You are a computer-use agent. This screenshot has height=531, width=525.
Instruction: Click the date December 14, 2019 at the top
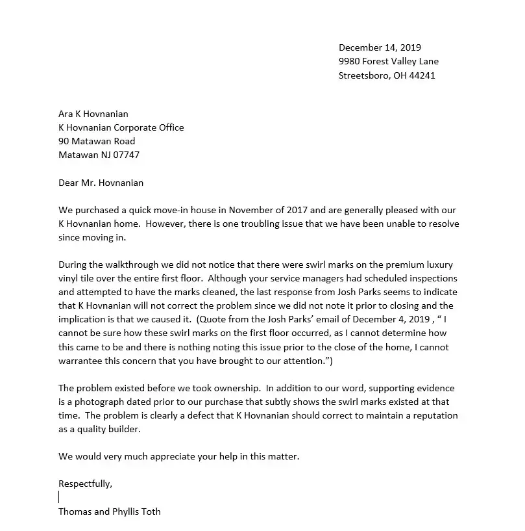tap(380, 47)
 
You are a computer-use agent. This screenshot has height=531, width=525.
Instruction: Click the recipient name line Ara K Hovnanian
tap(93, 114)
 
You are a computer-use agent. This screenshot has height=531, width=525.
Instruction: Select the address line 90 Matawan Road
tap(97, 141)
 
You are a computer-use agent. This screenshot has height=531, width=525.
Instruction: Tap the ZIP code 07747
tap(127, 155)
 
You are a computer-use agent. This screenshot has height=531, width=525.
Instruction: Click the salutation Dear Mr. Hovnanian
tap(101, 183)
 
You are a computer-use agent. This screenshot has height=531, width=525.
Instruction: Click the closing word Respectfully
tap(85, 484)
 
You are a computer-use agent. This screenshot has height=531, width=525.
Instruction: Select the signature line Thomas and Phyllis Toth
tap(109, 512)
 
